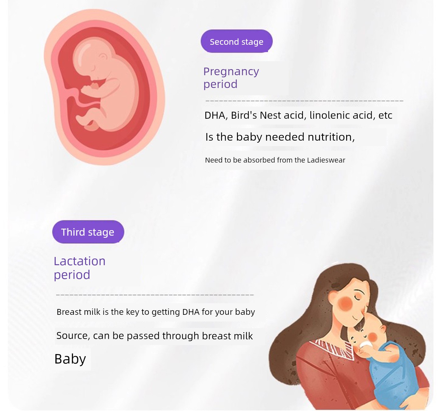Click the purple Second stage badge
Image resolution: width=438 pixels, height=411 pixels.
(x=236, y=41)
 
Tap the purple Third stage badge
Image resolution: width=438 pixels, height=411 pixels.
(x=88, y=232)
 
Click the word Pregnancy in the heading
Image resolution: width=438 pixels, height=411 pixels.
(x=231, y=72)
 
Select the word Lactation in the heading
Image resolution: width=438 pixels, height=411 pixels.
(x=80, y=261)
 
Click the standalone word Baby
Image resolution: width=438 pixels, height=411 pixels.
(x=70, y=359)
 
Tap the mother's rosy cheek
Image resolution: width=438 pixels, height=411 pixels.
(x=345, y=303)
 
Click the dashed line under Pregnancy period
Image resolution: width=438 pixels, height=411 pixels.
(x=304, y=101)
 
